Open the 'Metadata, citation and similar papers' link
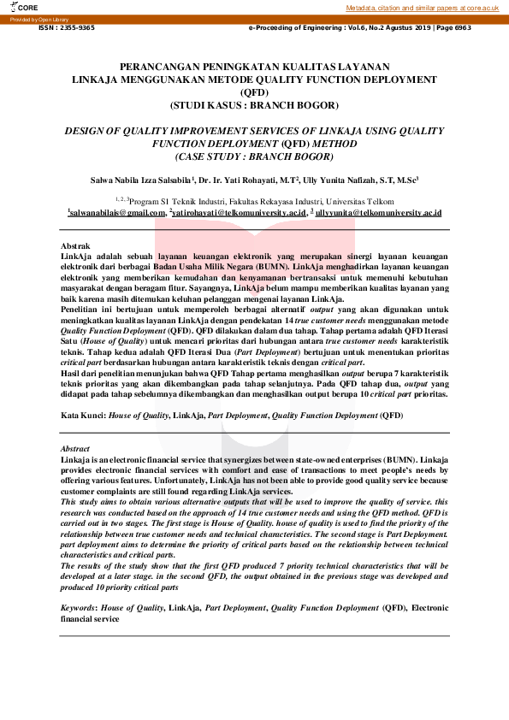point(422,8)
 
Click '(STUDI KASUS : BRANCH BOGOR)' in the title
point(254,104)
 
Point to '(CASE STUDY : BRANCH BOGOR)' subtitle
point(254,157)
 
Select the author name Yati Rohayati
point(255,181)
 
